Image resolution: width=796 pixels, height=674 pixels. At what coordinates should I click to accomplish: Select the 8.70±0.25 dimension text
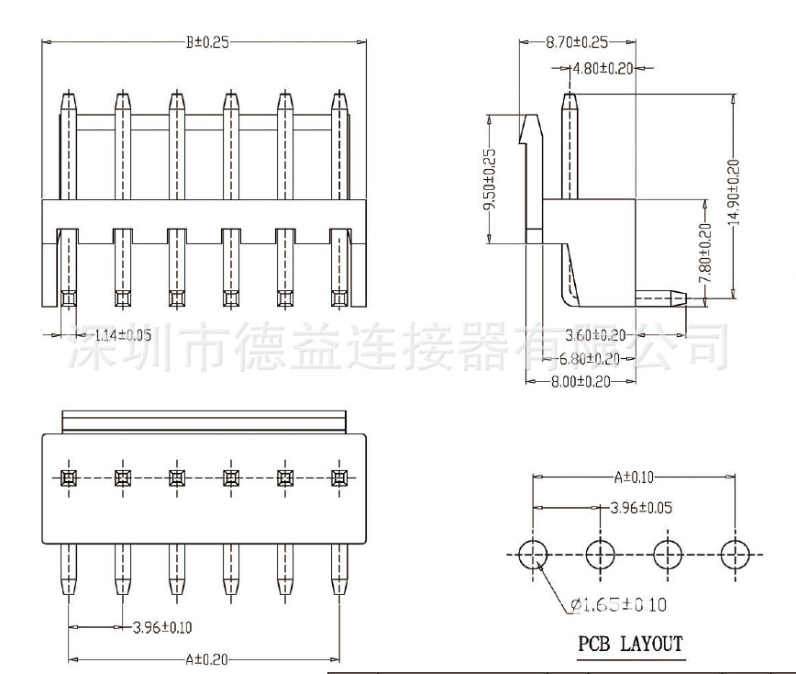(577, 42)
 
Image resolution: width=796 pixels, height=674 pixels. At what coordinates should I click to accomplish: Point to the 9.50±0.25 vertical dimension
(489, 179)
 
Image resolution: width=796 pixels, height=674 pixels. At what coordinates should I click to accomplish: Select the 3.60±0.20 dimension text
(596, 335)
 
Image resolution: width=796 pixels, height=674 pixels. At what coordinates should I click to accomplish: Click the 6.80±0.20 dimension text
(590, 358)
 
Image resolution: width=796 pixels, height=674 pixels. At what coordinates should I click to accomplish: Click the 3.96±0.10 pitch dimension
(162, 627)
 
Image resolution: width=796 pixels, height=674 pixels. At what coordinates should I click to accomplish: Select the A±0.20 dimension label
(205, 658)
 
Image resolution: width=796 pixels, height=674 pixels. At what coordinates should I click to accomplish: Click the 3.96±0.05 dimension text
(642, 507)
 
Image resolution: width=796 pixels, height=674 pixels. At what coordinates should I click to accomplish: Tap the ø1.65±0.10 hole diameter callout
(618, 604)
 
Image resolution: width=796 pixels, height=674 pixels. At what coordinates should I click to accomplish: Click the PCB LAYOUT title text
(630, 644)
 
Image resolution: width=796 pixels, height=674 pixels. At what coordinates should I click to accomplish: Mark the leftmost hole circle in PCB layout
(533, 554)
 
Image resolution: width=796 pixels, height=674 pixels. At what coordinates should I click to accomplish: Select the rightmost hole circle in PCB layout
(735, 554)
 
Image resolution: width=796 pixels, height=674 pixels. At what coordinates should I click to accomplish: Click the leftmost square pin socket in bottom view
(68, 477)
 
